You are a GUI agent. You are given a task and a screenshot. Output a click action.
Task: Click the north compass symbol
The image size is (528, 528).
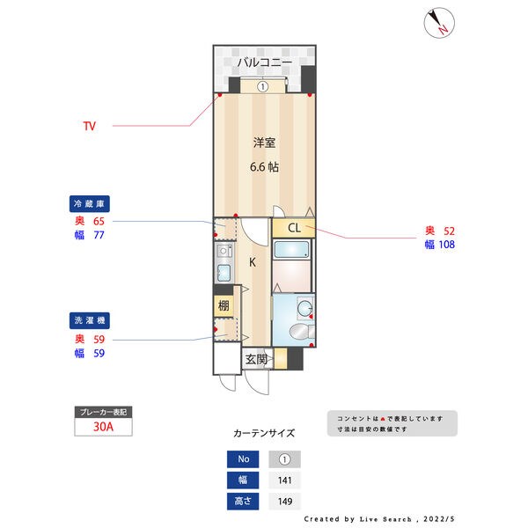437,24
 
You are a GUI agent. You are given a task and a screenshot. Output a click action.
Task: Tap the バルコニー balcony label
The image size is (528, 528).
265,62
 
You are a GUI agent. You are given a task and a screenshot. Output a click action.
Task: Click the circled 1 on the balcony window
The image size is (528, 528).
262,86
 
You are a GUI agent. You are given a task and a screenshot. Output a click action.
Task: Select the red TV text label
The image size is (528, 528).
89,126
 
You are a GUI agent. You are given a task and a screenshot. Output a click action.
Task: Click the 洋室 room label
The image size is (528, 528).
264,143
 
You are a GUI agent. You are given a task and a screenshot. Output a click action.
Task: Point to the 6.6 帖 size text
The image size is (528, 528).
263,166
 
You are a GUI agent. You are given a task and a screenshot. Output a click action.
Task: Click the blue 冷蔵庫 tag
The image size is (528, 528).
88,204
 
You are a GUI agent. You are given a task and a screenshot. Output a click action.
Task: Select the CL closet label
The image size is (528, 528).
293,228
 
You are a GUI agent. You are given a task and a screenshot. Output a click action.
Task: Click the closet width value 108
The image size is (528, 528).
445,245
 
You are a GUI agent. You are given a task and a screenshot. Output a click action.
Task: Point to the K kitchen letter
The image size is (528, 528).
252,261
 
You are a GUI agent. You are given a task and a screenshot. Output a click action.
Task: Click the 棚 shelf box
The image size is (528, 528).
224,306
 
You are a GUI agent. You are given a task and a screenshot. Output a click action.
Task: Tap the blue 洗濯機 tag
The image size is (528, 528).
88,320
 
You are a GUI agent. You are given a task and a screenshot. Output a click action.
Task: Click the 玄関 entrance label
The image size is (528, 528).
257,359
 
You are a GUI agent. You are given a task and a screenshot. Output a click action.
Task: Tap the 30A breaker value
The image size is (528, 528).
103,428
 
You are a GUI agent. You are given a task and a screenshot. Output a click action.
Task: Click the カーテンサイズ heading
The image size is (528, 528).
264,434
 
